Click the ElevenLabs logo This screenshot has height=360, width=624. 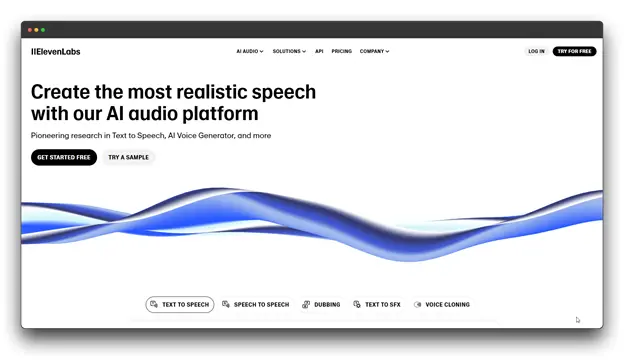55,51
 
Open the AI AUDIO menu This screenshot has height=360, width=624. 249,51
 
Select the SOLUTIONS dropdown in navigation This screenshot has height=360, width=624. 289,51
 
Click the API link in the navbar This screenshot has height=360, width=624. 319,51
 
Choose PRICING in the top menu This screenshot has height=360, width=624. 341,51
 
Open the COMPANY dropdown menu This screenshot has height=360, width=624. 374,51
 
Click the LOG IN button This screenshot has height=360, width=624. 536,51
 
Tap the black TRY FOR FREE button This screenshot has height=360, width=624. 574,51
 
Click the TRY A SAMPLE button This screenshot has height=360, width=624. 129,157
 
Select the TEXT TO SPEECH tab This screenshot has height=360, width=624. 180,305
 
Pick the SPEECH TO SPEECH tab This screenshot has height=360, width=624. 256,305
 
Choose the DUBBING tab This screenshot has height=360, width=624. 322,305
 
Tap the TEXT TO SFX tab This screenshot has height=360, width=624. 377,305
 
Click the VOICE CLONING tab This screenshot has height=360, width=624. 442,305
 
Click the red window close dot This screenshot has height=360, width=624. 30,30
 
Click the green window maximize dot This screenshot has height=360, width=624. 43,30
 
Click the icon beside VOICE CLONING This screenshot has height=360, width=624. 418,305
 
